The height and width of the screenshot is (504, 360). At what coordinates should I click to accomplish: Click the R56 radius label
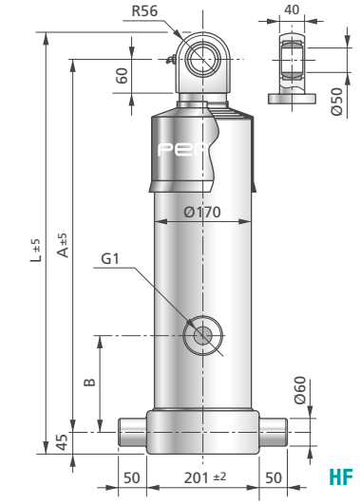[x=144, y=11]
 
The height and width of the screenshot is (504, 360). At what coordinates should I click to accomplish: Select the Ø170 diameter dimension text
[x=202, y=213]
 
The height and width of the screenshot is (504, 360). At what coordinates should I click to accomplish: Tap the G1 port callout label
[x=110, y=259]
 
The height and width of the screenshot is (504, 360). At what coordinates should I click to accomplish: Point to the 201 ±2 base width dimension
[x=205, y=477]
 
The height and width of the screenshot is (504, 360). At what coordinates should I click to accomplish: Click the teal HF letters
[x=341, y=477]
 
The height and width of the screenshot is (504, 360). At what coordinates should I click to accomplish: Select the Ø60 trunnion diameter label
[x=300, y=390]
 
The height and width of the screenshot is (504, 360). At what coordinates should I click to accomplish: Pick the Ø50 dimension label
[x=337, y=102]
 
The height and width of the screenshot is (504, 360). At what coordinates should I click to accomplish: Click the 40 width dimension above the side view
[x=292, y=9]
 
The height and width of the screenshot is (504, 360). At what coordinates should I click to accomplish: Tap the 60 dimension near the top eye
[x=122, y=76]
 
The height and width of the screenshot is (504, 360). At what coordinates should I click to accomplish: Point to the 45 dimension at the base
[x=62, y=442]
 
